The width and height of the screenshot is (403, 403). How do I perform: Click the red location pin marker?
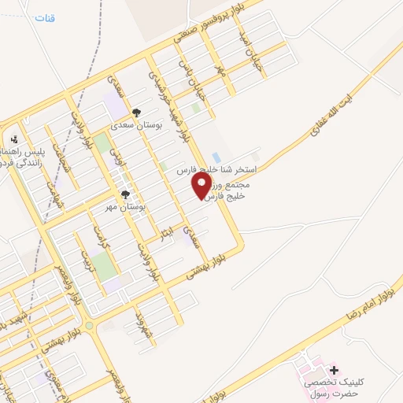click(x=202, y=186)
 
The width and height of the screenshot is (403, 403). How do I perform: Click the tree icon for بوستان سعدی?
click(x=136, y=113)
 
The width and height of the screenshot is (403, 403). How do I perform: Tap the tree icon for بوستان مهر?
click(x=124, y=193)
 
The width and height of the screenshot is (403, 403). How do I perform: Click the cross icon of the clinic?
click(x=335, y=369)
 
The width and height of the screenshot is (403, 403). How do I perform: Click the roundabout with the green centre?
click(x=89, y=325)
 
